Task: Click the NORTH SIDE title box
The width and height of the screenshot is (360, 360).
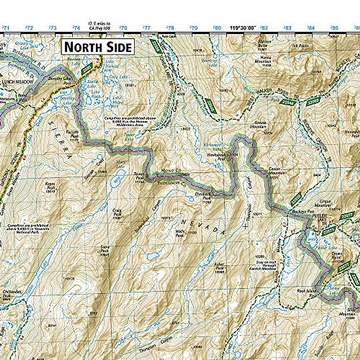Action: pyautogui.click(x=98, y=47)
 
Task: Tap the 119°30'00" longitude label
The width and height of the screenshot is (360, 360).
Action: pyautogui.click(x=243, y=28)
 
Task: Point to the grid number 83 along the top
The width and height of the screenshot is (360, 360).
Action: pyautogui.click(x=287, y=28)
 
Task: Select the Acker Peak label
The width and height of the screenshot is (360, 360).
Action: pyautogui.click(x=220, y=266)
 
